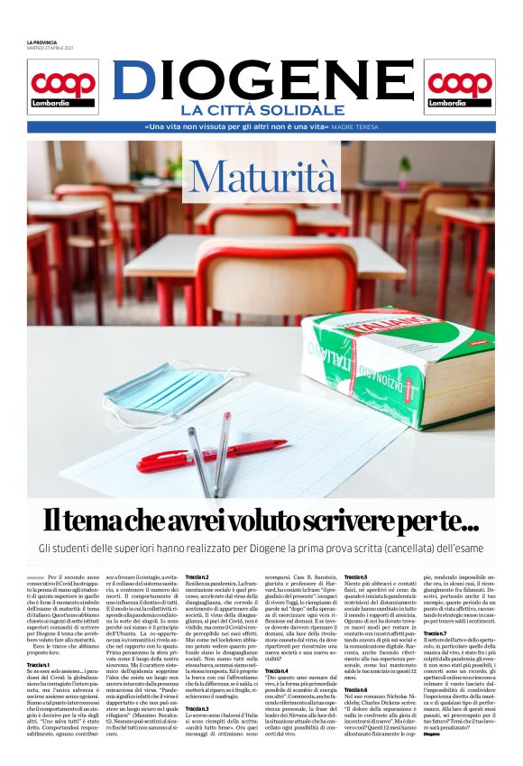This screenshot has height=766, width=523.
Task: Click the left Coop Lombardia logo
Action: click(x=63, y=87)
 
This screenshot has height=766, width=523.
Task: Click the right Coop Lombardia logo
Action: click(x=459, y=87)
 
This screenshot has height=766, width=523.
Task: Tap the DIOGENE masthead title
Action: click(x=261, y=80)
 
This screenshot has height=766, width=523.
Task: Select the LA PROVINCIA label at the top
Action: click(x=41, y=43)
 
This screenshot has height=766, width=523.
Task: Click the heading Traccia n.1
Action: click(x=39, y=640)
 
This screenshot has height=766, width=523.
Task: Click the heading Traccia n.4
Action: click(x=277, y=671)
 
